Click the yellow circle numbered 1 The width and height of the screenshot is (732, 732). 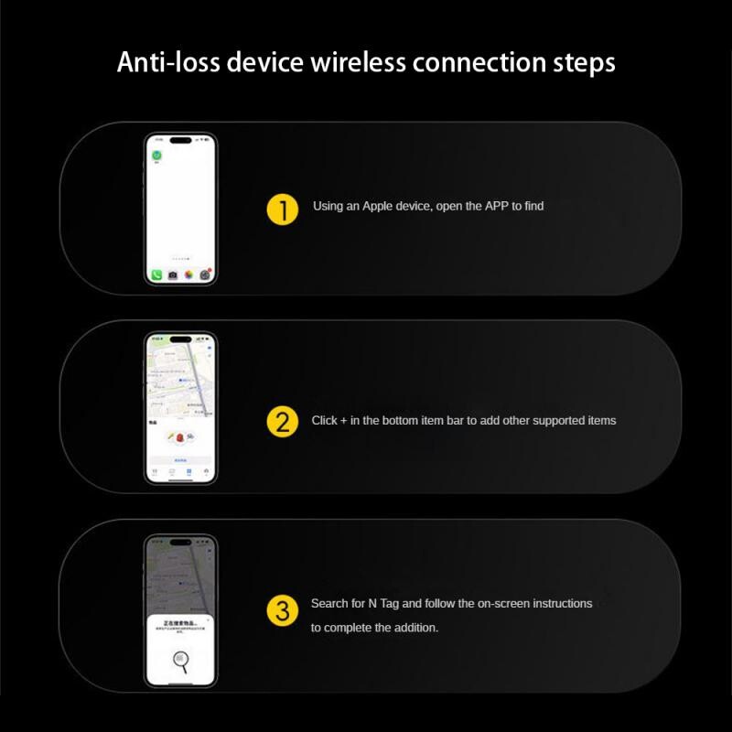(283, 209)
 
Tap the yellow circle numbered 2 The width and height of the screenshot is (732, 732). (283, 422)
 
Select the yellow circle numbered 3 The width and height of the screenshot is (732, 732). (282, 611)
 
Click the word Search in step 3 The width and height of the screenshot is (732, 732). (329, 604)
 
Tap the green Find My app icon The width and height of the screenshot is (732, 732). (156, 156)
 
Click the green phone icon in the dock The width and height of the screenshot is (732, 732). (156, 274)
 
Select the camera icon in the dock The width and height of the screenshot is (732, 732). (173, 274)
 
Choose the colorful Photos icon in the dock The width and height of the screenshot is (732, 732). (188, 274)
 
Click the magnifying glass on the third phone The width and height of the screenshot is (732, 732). (180, 661)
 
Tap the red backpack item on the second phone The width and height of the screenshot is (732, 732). (180, 438)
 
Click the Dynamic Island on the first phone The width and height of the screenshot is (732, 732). (180, 142)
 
